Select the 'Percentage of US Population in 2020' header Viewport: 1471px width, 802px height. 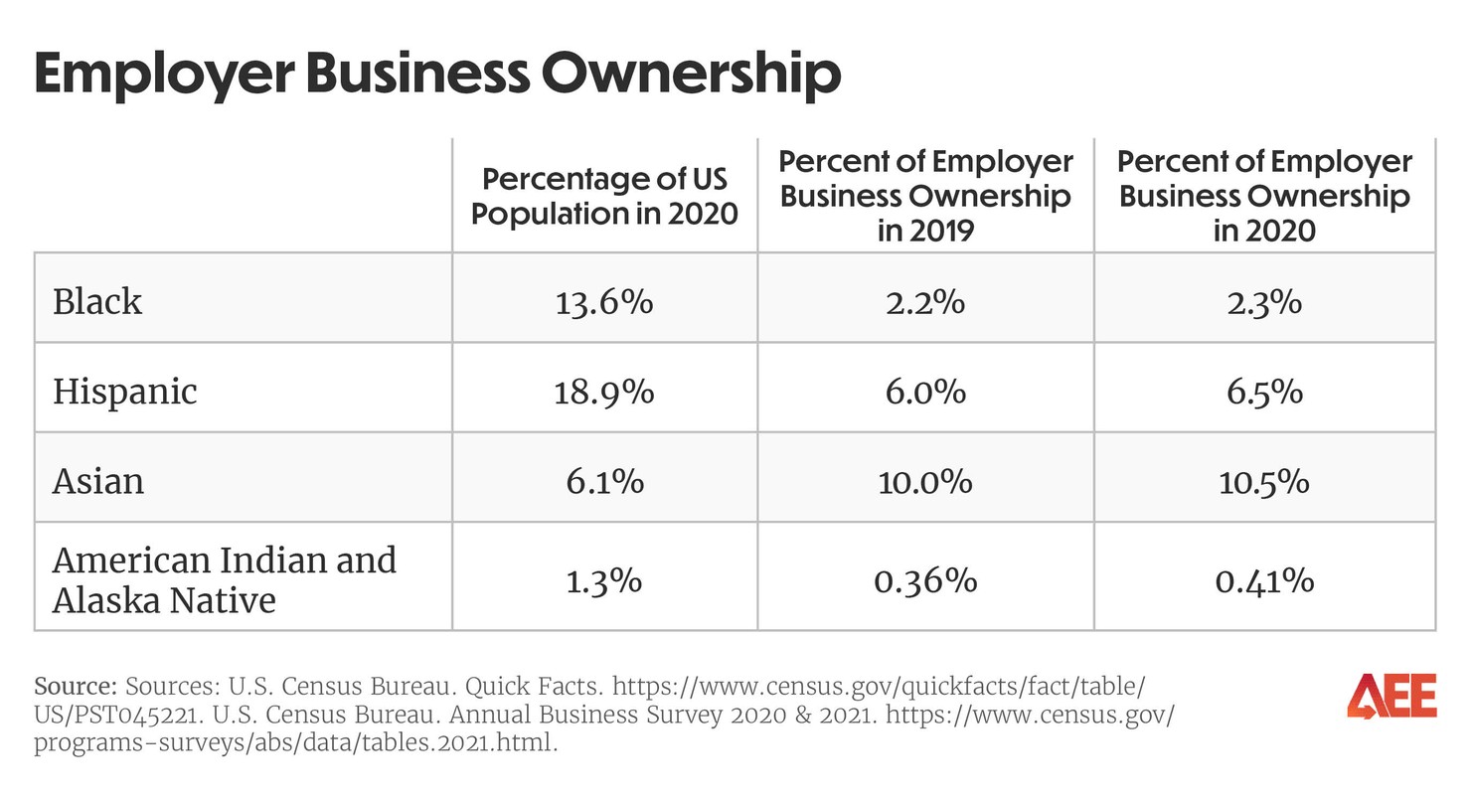pyautogui.click(x=604, y=196)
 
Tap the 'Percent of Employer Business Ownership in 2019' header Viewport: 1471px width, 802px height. pyautogui.click(x=925, y=196)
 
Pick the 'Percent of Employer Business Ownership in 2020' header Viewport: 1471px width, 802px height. pyautogui.click(x=1264, y=196)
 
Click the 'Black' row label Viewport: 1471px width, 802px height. pyautogui.click(x=97, y=300)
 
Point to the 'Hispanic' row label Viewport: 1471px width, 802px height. pyautogui.click(x=125, y=391)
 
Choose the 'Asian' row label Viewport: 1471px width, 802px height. pyautogui.click(x=98, y=481)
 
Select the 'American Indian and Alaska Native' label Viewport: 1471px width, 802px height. pyautogui.click(x=224, y=579)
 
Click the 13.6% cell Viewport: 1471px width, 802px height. pyautogui.click(x=604, y=300)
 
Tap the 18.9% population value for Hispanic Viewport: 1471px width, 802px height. pyautogui.click(x=604, y=391)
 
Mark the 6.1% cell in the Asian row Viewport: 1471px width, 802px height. pyautogui.click(x=604, y=481)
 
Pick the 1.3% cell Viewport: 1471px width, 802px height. pyautogui.click(x=604, y=579)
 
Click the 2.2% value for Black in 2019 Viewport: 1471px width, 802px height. pyautogui.click(x=925, y=300)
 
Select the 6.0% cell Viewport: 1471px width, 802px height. pyautogui.click(x=925, y=391)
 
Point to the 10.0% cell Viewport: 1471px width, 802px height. pyautogui.click(x=925, y=481)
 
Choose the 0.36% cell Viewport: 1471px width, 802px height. pyautogui.click(x=925, y=579)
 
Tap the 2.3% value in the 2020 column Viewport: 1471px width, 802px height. pyautogui.click(x=1264, y=300)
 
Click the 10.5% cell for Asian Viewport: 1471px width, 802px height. pyautogui.click(x=1264, y=481)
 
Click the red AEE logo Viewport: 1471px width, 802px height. pyautogui.click(x=1391, y=696)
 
